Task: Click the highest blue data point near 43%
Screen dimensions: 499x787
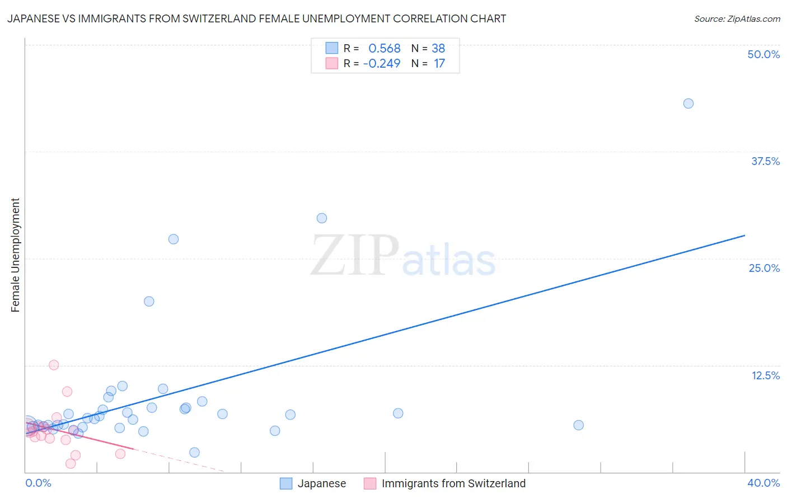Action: pyautogui.click(x=688, y=103)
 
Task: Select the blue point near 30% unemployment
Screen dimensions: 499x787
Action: pyautogui.click(x=321, y=218)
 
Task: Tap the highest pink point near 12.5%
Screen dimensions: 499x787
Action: pyautogui.click(x=54, y=365)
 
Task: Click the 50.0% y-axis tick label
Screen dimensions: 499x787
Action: pyautogui.click(x=763, y=54)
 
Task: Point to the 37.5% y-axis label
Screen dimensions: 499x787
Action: pyautogui.click(x=765, y=161)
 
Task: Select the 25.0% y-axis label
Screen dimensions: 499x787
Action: pyautogui.click(x=764, y=268)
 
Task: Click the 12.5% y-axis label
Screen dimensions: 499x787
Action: pyautogui.click(x=765, y=375)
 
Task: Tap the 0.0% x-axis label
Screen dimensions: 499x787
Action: pyautogui.click(x=38, y=483)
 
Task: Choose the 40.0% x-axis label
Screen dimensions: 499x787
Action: pyautogui.click(x=763, y=483)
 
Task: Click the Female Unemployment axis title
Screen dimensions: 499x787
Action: pyautogui.click(x=15, y=255)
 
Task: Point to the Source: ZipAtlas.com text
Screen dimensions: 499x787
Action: pyautogui.click(x=737, y=18)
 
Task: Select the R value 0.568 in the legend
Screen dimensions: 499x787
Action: pyautogui.click(x=384, y=49)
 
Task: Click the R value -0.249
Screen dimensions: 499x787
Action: pyautogui.click(x=382, y=64)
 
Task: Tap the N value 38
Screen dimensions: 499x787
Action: pyautogui.click(x=438, y=49)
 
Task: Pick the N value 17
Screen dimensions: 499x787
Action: pyautogui.click(x=439, y=64)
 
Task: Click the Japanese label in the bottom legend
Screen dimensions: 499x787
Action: pyautogui.click(x=321, y=483)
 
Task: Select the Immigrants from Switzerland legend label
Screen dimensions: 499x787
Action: pyautogui.click(x=453, y=483)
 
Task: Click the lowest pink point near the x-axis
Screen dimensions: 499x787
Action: pyautogui.click(x=71, y=463)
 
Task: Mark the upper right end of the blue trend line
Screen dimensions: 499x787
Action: pyautogui.click(x=744, y=236)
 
